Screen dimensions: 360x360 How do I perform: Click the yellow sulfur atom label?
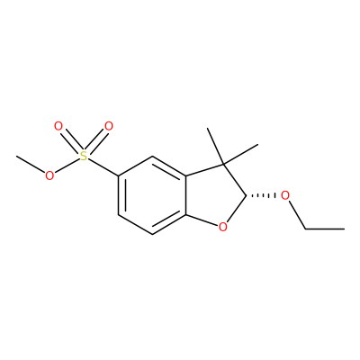pos(84,156)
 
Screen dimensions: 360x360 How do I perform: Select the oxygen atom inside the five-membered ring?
pos(222,227)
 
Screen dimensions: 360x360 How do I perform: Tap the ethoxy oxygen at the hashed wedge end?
pos(285,196)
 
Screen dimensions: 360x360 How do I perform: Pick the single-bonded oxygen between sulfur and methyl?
pos(49,175)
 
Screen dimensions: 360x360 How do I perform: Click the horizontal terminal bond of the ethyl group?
pos(325,229)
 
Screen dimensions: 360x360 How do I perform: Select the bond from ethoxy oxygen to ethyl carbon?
pos(297,215)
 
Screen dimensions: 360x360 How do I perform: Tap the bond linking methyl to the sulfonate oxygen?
pos(31,165)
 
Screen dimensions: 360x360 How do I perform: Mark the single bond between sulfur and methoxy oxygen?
pos(67,166)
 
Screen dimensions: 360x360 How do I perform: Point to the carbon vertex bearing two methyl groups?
pos(223,165)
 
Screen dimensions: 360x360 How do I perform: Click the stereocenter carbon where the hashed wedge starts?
pos(246,196)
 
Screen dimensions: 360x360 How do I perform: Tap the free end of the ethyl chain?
pos(344,229)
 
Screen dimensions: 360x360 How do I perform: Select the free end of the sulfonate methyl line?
pos(16,156)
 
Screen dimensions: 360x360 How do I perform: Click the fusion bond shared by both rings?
pos(186,195)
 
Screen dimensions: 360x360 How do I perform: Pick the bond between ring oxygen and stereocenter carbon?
pos(237,210)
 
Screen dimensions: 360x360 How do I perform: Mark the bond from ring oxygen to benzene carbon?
pos(202,220)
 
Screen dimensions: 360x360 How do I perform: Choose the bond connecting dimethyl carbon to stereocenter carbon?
pos(235,180)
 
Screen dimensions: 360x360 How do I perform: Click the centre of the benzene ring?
pos(152,195)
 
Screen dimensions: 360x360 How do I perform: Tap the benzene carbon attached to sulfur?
pos(119,176)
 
